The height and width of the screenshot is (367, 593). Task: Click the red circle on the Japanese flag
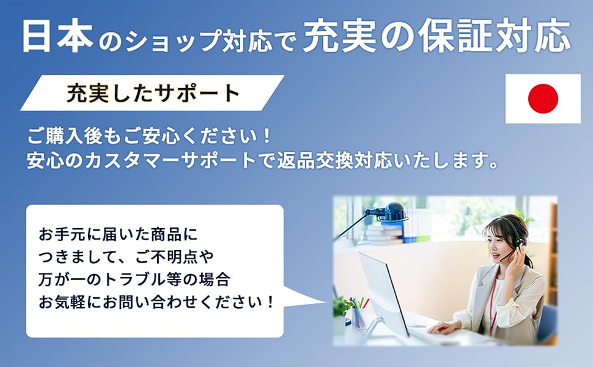point(543,98)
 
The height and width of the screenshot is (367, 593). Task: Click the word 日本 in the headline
point(58,36)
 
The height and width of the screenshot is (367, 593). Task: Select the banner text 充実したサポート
point(153,93)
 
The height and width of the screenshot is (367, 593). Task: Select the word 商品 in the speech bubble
point(166,235)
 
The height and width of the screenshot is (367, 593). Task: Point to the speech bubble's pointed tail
point(324,302)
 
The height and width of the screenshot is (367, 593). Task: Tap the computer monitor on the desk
point(383,294)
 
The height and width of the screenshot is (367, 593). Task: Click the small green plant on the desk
point(342,307)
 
